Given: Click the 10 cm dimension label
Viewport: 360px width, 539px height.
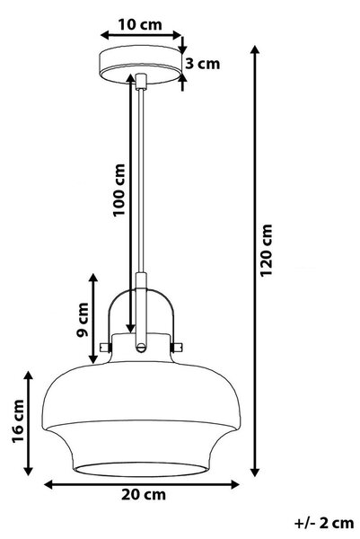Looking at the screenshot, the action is point(140,25).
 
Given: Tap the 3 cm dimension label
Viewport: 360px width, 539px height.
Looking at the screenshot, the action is point(202,64).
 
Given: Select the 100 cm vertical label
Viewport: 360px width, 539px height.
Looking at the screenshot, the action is point(119,190).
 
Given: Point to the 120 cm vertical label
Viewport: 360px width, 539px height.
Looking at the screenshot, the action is point(266,250).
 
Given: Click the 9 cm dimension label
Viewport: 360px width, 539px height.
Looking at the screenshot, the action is point(82,320).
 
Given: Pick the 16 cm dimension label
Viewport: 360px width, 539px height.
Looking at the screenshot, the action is point(18,421).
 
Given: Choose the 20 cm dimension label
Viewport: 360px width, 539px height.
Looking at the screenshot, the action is point(144,495).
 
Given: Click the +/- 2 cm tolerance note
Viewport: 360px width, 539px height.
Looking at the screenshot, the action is point(323,523).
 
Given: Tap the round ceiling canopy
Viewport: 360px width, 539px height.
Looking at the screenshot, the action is point(140,64).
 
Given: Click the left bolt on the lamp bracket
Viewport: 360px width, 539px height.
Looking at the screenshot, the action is point(105,347).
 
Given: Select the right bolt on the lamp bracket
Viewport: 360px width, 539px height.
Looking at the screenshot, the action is point(177,347).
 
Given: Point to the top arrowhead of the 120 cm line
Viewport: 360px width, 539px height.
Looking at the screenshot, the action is point(255,49).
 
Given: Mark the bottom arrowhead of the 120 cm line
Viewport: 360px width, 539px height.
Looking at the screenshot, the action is point(255,472).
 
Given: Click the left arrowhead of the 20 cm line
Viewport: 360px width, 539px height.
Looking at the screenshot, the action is point(49,485).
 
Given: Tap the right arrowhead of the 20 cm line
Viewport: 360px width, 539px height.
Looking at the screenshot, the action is point(234,485).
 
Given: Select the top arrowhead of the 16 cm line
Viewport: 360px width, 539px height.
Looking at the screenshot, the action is point(29,376).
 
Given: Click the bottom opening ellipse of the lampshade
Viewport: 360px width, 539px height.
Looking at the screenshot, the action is point(140,469).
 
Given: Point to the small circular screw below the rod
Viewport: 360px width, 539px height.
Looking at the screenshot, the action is point(140,347).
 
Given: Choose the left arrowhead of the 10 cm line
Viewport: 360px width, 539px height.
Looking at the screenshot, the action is point(105,35).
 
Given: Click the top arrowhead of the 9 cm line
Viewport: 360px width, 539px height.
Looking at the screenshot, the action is point(93,278).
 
